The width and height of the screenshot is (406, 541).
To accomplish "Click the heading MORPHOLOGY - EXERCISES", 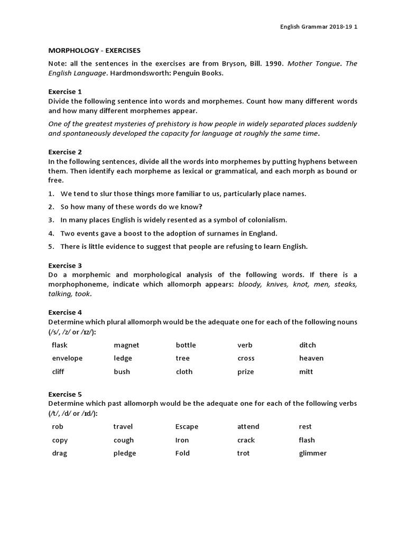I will (x=95, y=51).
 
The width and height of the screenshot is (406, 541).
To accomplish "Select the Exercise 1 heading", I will (x=65, y=91).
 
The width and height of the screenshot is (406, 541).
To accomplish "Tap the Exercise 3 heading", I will (x=65, y=265).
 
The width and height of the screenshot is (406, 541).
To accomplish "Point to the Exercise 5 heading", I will (x=65, y=394).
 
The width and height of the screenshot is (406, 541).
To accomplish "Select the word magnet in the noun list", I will (x=126, y=345).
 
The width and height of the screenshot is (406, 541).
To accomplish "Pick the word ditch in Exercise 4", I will (x=307, y=345).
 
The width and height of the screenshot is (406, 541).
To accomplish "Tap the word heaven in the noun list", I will (x=311, y=358).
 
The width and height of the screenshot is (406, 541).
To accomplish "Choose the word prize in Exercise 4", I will (x=245, y=371).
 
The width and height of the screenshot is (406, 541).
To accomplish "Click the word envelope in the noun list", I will (x=67, y=358).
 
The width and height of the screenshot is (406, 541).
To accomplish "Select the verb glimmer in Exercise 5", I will (x=312, y=453).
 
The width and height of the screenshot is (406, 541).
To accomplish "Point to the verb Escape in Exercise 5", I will (x=187, y=426).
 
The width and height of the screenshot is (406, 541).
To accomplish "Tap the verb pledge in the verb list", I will (x=124, y=453).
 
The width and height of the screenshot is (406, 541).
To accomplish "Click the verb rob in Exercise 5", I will (x=57, y=426).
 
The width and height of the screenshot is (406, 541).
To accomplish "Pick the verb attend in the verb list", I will (x=248, y=426).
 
